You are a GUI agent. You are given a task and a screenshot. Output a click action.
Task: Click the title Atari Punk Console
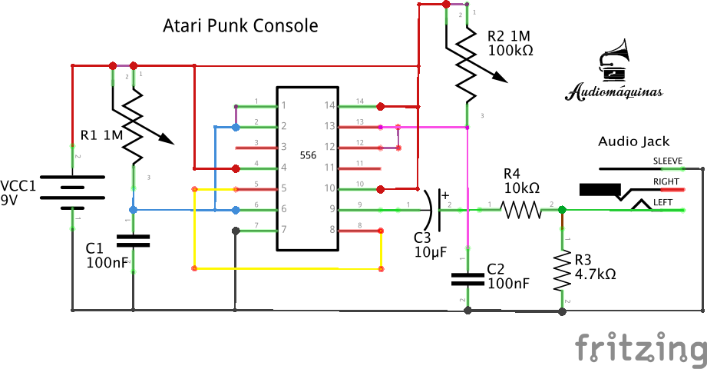click(x=240, y=25)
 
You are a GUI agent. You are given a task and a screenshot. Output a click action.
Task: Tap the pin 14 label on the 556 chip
click(x=330, y=105)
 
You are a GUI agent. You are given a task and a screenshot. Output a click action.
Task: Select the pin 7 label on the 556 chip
click(x=283, y=229)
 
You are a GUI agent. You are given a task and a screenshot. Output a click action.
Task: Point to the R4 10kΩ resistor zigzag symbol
click(x=522, y=208)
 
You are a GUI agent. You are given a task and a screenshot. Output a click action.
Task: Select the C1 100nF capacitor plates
click(x=133, y=241)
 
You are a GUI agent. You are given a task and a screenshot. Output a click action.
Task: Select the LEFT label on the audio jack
click(x=662, y=202)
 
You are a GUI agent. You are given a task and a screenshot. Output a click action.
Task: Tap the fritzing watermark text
click(x=641, y=348)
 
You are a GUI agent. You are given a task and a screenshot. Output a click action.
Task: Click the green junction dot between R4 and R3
click(x=562, y=209)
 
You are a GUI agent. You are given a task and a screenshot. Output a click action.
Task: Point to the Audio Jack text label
click(x=633, y=141)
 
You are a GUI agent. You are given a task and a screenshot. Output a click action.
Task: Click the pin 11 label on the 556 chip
click(x=330, y=167)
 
